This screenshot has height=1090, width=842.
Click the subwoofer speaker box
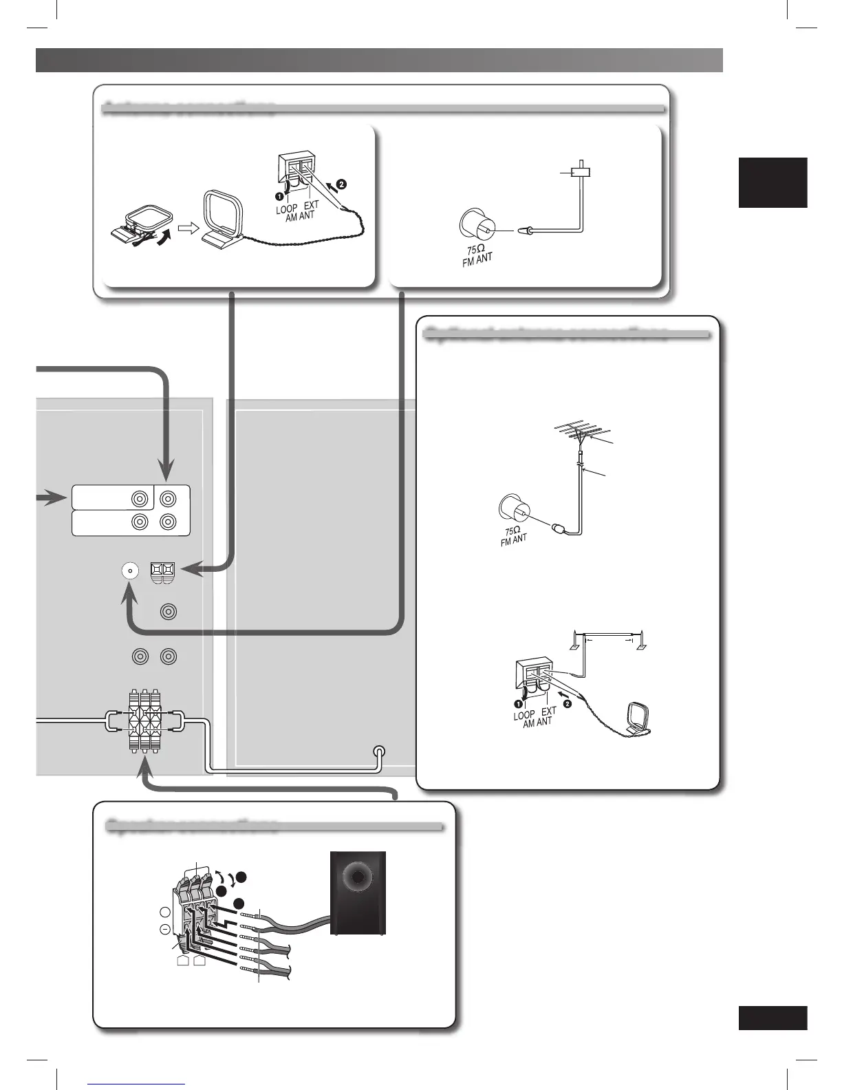pos(358,893)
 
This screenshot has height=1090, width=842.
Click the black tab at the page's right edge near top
pos(773,182)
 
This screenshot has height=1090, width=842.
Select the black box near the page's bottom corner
pos(773,1018)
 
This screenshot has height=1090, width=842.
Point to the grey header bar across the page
pos(379,60)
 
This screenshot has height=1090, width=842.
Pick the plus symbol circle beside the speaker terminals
pos(164,912)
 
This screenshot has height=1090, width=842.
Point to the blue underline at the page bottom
pos(137,1084)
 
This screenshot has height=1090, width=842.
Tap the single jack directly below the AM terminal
pos(168,611)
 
